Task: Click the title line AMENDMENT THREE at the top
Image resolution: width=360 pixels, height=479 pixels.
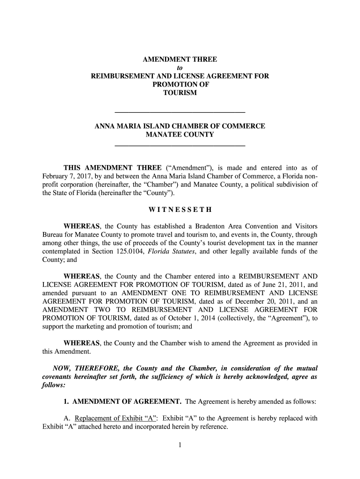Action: pyautogui.click(x=180, y=60)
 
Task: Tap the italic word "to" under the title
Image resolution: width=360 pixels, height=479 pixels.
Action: pyautogui.click(x=180, y=68)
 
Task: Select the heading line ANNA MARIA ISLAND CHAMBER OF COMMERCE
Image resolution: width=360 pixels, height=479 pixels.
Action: pyautogui.click(x=180, y=126)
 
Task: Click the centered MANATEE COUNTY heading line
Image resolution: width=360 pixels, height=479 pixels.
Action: pyautogui.click(x=180, y=135)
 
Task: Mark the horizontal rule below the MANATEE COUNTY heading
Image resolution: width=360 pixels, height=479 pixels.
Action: pyautogui.click(x=180, y=146)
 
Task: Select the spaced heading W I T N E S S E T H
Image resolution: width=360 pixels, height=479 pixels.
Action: pyautogui.click(x=180, y=209)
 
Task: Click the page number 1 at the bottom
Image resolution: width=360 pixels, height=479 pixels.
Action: pyautogui.click(x=180, y=445)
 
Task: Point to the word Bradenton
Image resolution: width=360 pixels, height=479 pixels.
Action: pyautogui.click(x=207, y=226)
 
